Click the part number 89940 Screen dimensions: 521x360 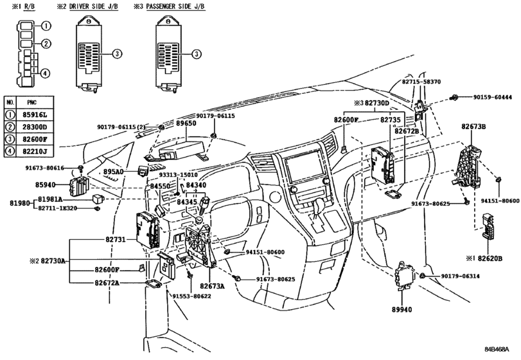pyautogui.click(x=402, y=310)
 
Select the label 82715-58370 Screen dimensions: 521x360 pyautogui.click(x=421, y=82)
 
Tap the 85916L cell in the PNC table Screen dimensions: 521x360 pyautogui.click(x=35, y=115)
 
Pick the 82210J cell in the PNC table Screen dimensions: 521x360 pyautogui.click(x=35, y=151)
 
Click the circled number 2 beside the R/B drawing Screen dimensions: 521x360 pyautogui.click(x=46, y=44)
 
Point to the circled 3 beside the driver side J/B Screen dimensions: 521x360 pyautogui.click(x=117, y=53)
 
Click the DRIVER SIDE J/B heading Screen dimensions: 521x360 pyautogui.click(x=93, y=6)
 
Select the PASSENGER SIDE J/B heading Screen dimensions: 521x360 pyautogui.click(x=175, y=6)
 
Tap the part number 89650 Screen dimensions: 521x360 pyautogui.click(x=186, y=123)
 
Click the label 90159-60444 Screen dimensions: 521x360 pyautogui.click(x=493, y=97)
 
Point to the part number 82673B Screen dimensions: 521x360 pyautogui.click(x=473, y=127)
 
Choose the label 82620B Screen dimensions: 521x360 pyautogui.click(x=490, y=258)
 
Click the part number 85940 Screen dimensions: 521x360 pyautogui.click(x=45, y=184)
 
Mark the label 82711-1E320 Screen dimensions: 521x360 pyautogui.click(x=57, y=208)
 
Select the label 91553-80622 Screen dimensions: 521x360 pyautogui.click(x=191, y=296)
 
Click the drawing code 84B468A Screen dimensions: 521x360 pyautogui.click(x=497, y=349)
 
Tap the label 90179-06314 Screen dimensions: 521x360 pyautogui.click(x=460, y=276)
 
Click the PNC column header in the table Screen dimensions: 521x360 pyautogui.click(x=31, y=102)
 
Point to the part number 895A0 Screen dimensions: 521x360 pyautogui.click(x=113, y=172)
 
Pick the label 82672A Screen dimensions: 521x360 pyautogui.click(x=107, y=283)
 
